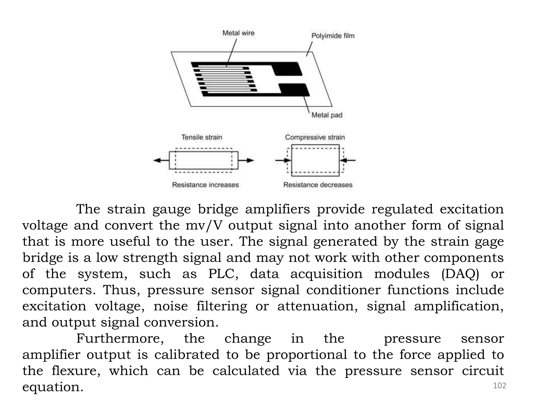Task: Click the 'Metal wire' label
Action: click(238, 33)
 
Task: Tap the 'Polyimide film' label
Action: click(333, 36)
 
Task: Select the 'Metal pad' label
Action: click(327, 115)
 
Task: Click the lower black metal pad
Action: click(294, 89)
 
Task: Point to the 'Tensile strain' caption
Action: click(202, 137)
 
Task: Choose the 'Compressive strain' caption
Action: click(315, 137)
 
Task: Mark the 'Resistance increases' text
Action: click(205, 185)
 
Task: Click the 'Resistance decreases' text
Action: click(318, 185)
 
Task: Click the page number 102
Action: click(499, 386)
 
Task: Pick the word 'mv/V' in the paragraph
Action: click(204, 226)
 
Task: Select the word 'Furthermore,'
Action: click(120, 339)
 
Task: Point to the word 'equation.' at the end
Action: click(53, 387)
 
